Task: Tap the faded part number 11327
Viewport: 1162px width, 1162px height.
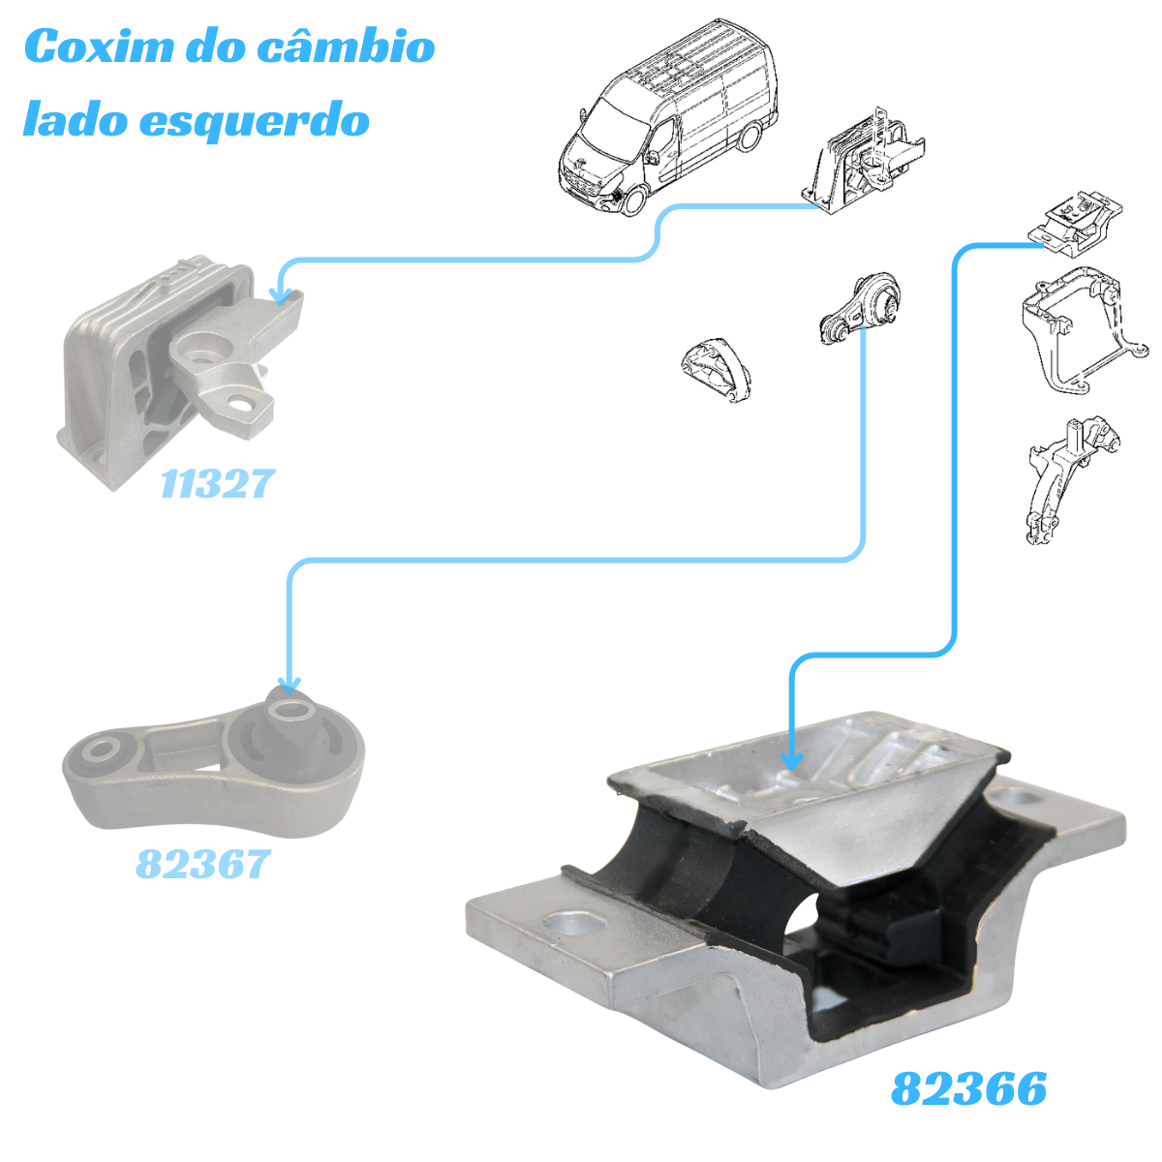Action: [217, 483]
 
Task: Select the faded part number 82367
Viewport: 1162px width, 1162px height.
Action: [202, 864]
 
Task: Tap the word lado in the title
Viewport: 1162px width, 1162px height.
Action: [76, 118]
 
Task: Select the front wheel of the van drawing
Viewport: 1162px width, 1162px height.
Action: [632, 200]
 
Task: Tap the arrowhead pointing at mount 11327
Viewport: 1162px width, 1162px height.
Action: [281, 295]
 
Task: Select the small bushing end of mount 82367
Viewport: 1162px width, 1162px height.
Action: [98, 752]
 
